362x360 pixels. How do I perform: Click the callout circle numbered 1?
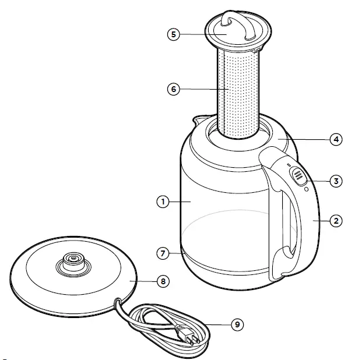point(163,202)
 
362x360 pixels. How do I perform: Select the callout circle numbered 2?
point(335,221)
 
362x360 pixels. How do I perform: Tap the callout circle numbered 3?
point(335,181)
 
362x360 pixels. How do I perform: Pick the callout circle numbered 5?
point(173,34)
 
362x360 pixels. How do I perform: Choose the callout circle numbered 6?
point(173,89)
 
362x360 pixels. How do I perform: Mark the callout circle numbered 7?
point(163,253)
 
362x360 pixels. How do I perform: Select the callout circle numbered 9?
point(236,325)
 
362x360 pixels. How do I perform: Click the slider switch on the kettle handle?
point(298,175)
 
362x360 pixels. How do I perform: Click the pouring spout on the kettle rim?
point(195,122)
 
